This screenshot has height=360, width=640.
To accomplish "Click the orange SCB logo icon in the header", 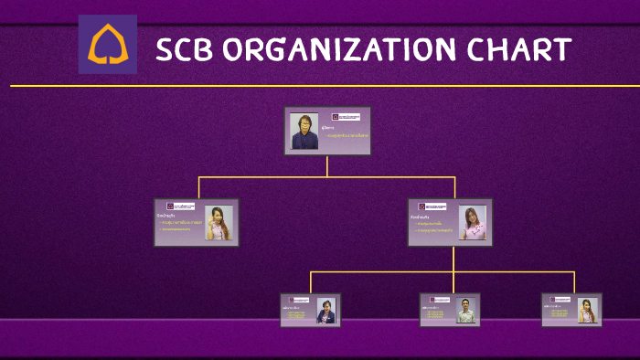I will coord(107,44).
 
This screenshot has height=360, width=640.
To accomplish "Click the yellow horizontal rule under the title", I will coord(320,86).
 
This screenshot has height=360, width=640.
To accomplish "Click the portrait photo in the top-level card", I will coord(304,132).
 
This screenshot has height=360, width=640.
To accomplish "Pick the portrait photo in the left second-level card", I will coord(219,223).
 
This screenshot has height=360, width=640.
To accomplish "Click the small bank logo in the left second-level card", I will coord(181,206).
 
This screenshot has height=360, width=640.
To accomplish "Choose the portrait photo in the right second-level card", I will coord(473,223).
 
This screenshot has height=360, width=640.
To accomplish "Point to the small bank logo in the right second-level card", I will coord(432,207).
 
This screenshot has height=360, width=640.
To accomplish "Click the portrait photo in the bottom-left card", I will coord(326,311).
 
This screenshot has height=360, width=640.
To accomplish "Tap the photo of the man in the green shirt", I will coord(466,311).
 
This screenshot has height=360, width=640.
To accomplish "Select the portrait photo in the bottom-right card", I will coord(587,311).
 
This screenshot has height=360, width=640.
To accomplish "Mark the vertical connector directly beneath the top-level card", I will coord(327,166).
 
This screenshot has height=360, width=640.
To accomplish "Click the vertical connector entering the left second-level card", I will coord(198,187).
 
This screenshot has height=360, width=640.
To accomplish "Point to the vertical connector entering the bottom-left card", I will coord(311,282).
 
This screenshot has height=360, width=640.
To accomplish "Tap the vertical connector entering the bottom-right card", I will coord(574,282).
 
